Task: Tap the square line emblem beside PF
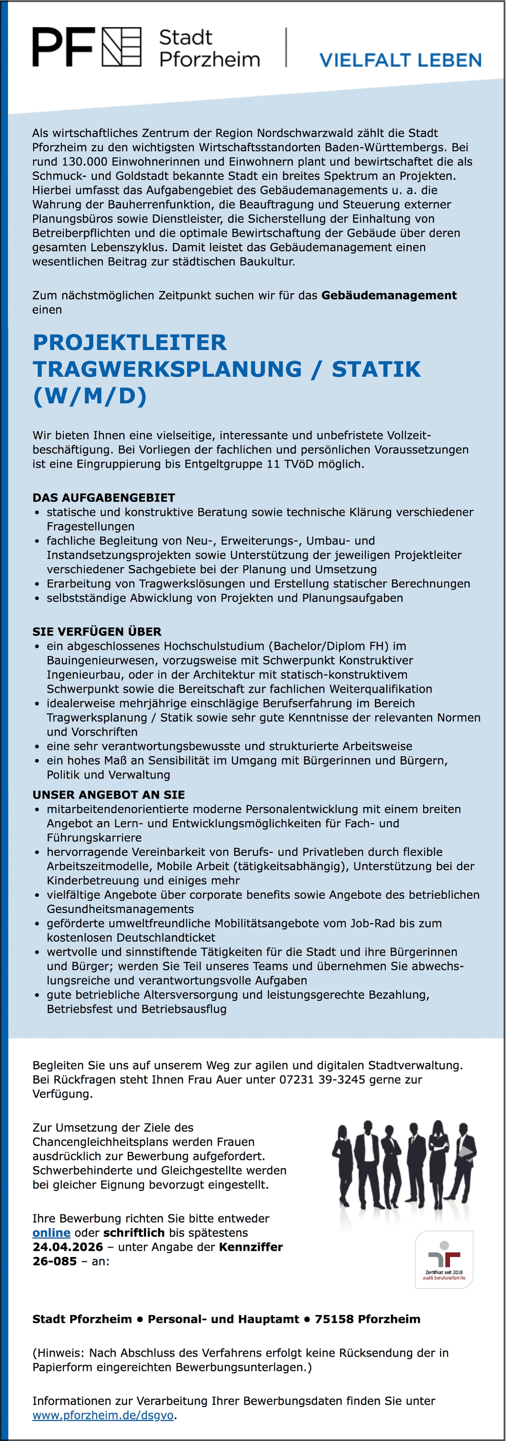(x=121, y=47)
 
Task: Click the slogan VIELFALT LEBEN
(x=400, y=60)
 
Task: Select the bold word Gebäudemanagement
(x=389, y=295)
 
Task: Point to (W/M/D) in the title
(x=90, y=396)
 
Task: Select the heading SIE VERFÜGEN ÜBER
(x=97, y=631)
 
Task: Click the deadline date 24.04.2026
(x=68, y=1247)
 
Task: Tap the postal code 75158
(x=334, y=1319)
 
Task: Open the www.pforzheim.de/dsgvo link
(x=103, y=1415)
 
